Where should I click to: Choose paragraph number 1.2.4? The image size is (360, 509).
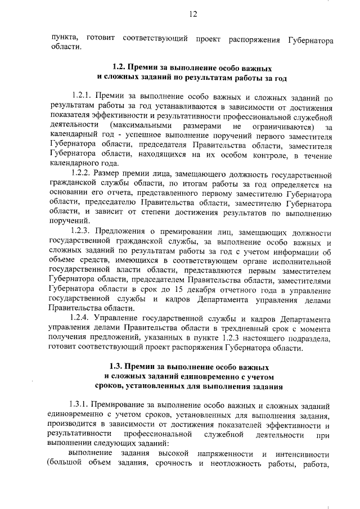coord(85,319)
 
